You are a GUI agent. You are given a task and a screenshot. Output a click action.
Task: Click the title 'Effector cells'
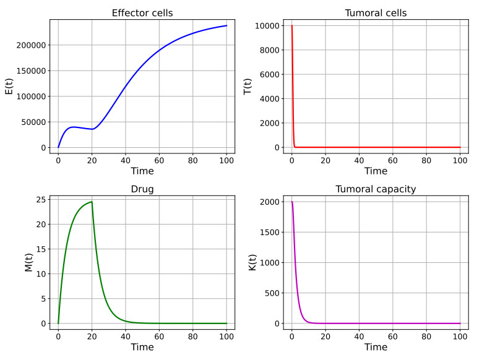(142, 13)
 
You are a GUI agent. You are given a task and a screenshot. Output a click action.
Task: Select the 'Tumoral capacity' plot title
(376, 189)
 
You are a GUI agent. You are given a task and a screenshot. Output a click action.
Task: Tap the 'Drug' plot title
(142, 189)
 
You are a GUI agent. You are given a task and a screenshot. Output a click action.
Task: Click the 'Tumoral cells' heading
(376, 13)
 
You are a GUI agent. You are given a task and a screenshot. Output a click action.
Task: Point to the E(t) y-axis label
(9, 87)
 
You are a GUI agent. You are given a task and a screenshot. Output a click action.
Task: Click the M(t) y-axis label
(28, 262)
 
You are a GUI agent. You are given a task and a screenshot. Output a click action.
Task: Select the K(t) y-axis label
(252, 262)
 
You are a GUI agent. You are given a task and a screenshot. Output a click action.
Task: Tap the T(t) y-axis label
(247, 87)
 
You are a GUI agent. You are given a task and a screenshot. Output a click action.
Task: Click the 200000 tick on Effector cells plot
(31, 46)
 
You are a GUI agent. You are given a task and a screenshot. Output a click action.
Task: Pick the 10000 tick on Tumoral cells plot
(267, 26)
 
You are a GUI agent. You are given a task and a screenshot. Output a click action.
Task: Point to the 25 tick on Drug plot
(41, 200)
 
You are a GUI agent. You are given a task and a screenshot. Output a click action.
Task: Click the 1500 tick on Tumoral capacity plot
(270, 233)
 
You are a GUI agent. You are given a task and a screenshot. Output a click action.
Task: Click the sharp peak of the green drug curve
(92, 202)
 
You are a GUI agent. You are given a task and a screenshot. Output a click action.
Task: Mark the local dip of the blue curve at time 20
(92, 129)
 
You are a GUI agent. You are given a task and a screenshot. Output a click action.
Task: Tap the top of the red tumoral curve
(291, 25)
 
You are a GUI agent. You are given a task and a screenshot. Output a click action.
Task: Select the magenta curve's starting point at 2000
(291, 202)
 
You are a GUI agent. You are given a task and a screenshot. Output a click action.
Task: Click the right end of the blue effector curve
(226, 25)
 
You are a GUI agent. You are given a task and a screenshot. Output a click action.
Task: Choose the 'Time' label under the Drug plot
(142, 347)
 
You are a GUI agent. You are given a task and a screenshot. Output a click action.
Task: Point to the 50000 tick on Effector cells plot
(33, 122)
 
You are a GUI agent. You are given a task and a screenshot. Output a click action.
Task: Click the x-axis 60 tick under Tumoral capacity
(392, 336)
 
